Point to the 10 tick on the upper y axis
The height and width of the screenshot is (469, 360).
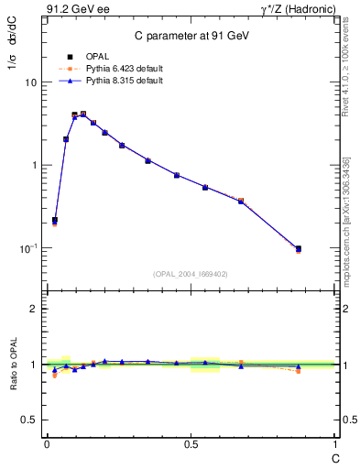click(30, 82)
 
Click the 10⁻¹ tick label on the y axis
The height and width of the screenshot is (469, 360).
click(27, 247)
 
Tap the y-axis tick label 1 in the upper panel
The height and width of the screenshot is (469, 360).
click(34, 165)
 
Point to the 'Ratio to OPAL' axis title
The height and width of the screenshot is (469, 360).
click(13, 365)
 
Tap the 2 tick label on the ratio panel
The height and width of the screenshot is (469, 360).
click(34, 310)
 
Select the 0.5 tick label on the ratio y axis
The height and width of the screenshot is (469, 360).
click(28, 420)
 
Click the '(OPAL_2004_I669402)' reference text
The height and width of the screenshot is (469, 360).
click(191, 273)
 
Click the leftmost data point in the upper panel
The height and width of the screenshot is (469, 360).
click(55, 220)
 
